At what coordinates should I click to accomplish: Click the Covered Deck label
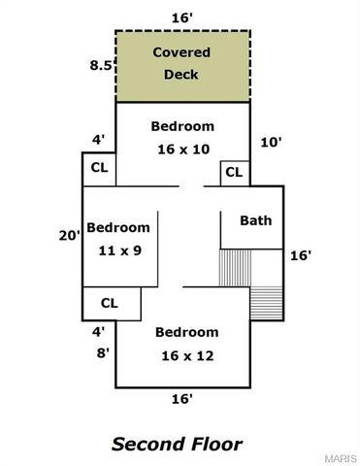click(181, 63)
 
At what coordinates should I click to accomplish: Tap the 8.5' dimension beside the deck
click(102, 65)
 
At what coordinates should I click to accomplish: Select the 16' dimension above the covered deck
click(182, 18)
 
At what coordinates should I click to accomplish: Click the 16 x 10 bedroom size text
click(183, 150)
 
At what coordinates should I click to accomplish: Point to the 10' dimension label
click(271, 142)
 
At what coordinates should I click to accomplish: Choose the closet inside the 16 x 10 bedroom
click(235, 173)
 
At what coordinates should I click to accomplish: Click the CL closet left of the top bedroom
click(99, 169)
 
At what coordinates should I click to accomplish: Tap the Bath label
click(256, 220)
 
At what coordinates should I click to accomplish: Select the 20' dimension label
click(69, 236)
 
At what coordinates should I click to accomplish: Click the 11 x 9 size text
click(120, 250)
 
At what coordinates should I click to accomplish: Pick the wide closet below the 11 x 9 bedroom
click(112, 304)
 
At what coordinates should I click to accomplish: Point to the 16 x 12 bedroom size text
click(187, 356)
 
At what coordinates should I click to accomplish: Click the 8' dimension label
click(103, 352)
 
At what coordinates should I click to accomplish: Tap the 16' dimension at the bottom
click(182, 399)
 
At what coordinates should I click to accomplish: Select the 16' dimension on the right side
click(301, 255)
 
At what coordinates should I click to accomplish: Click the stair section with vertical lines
click(235, 268)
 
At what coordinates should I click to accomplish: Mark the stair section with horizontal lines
click(267, 304)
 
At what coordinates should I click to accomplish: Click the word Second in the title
click(148, 444)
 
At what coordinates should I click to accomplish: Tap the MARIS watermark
click(341, 459)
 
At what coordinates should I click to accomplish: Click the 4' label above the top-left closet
click(98, 140)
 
